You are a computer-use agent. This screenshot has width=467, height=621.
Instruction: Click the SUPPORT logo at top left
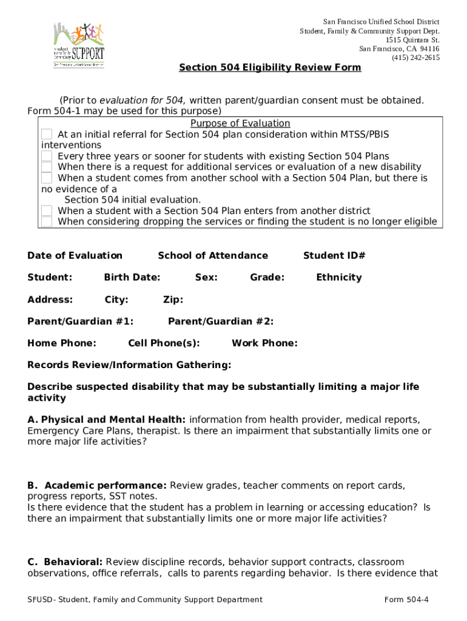[78, 45]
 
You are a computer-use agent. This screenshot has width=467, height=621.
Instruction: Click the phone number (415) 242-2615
[415, 58]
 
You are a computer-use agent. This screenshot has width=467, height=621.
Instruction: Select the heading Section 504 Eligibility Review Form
[270, 67]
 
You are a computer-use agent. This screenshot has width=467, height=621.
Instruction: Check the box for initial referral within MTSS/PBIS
[47, 134]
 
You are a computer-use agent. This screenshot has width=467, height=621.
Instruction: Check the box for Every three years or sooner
[47, 156]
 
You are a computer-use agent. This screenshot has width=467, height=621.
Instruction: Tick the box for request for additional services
[47, 167]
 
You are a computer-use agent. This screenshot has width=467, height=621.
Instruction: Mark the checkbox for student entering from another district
[47, 210]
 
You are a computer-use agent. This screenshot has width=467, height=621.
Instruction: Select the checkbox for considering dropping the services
[47, 221]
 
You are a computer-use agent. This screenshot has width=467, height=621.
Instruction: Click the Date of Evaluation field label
[75, 255]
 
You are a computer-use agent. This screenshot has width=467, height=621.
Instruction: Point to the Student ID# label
[334, 255]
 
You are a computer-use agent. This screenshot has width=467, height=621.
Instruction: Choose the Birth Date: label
[132, 277]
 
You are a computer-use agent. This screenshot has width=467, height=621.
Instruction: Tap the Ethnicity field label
[338, 277]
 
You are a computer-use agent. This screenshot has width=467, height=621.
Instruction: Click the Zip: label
[173, 299]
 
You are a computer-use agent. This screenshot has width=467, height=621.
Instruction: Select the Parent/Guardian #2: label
[221, 321]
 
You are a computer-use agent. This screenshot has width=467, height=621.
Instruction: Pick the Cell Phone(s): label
[164, 343]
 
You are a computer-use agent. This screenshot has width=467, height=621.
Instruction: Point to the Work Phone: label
[264, 343]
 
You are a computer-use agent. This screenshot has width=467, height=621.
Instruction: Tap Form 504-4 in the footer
[406, 600]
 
